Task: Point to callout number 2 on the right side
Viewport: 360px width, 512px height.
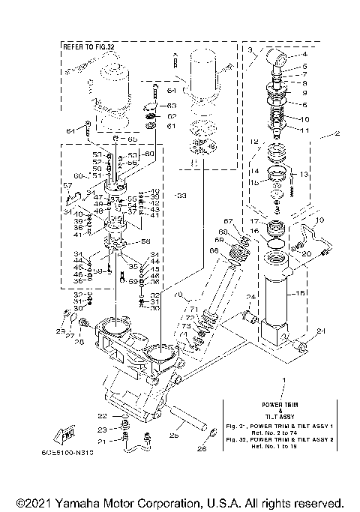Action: coord(338,135)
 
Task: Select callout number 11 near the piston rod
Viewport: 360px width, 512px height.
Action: coord(304,130)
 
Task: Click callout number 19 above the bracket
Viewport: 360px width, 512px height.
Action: coord(319,220)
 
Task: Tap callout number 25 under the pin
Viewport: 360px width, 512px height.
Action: coord(174,433)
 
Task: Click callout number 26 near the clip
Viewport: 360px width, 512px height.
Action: coord(201,449)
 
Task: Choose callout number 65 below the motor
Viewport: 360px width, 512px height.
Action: coord(132,139)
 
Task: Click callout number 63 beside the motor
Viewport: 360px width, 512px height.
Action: coord(171,106)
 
